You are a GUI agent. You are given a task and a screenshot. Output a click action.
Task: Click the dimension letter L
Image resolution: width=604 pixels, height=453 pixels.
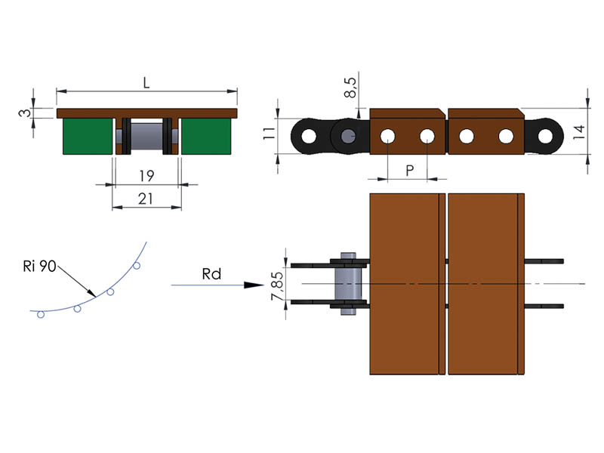[146, 82]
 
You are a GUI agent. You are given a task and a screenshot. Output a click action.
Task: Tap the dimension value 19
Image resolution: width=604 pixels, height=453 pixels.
[146, 176]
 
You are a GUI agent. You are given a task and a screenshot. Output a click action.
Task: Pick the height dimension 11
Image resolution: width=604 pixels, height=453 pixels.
[266, 136]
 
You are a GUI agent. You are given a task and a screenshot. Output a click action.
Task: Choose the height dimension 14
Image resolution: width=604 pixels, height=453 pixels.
[578, 133]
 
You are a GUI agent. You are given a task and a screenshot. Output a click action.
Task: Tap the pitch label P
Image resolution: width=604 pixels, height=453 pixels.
[408, 171]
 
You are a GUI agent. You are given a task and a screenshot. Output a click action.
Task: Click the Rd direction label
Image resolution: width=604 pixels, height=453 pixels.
[211, 274]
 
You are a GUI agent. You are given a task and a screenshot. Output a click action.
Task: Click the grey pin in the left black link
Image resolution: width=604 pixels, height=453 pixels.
[347, 137]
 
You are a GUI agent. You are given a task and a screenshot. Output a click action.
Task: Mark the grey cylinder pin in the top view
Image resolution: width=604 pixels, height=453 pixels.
[348, 283]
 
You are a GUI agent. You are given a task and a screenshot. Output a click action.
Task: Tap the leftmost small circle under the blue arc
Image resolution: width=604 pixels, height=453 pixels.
[42, 315]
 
